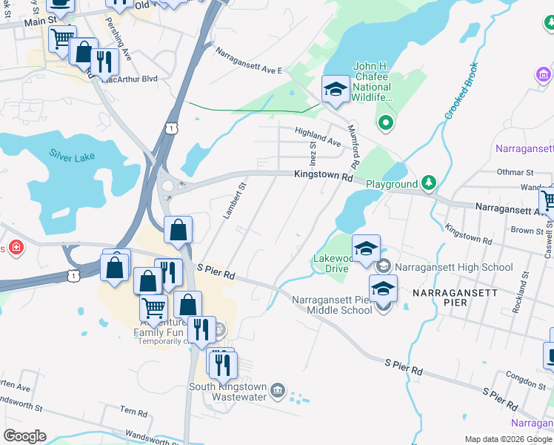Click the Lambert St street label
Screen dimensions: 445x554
coord(234,200)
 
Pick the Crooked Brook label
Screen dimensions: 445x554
coord(459,98)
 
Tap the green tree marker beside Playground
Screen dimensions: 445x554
coord(428,182)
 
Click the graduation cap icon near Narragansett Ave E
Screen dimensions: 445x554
coord(336,91)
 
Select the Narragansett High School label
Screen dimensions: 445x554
coord(453,267)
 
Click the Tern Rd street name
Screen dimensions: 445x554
coord(134,410)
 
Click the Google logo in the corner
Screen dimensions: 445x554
coord(24,436)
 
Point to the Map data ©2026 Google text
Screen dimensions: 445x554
coord(507,439)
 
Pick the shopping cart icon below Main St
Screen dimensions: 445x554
coord(63,38)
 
